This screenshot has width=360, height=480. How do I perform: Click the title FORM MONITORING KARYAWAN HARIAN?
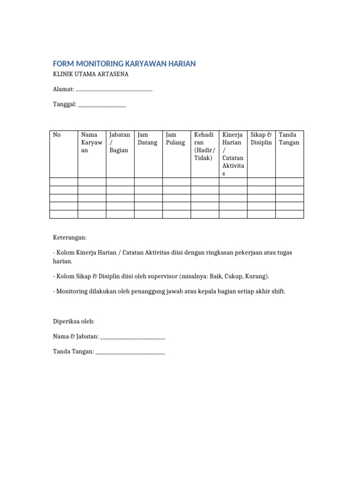124,64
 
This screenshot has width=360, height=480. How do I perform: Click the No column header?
57,135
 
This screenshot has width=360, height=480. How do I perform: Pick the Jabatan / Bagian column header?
120,142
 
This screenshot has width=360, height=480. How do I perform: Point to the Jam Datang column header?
148,139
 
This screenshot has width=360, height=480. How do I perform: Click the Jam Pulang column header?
176,139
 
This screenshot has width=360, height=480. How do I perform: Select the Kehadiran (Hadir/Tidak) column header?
204,146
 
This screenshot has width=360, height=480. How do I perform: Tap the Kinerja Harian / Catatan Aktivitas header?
232,154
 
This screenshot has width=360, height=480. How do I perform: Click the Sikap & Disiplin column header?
261,139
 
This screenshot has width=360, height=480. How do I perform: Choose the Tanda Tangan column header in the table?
289,139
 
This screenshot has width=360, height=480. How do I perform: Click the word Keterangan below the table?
70,238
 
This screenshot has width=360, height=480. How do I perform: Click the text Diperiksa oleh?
74,322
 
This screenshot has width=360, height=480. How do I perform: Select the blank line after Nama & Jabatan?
133,337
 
